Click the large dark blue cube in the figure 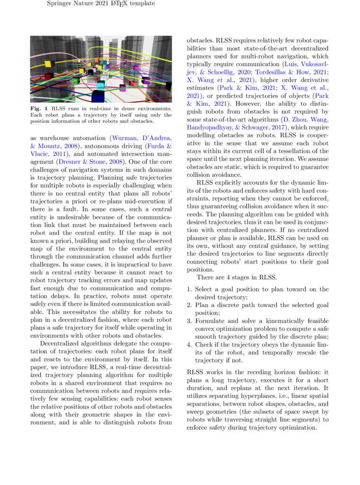(98, 96)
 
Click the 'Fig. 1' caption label (38, 109)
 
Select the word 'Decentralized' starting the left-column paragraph (62, 343)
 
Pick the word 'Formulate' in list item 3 (211, 321)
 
